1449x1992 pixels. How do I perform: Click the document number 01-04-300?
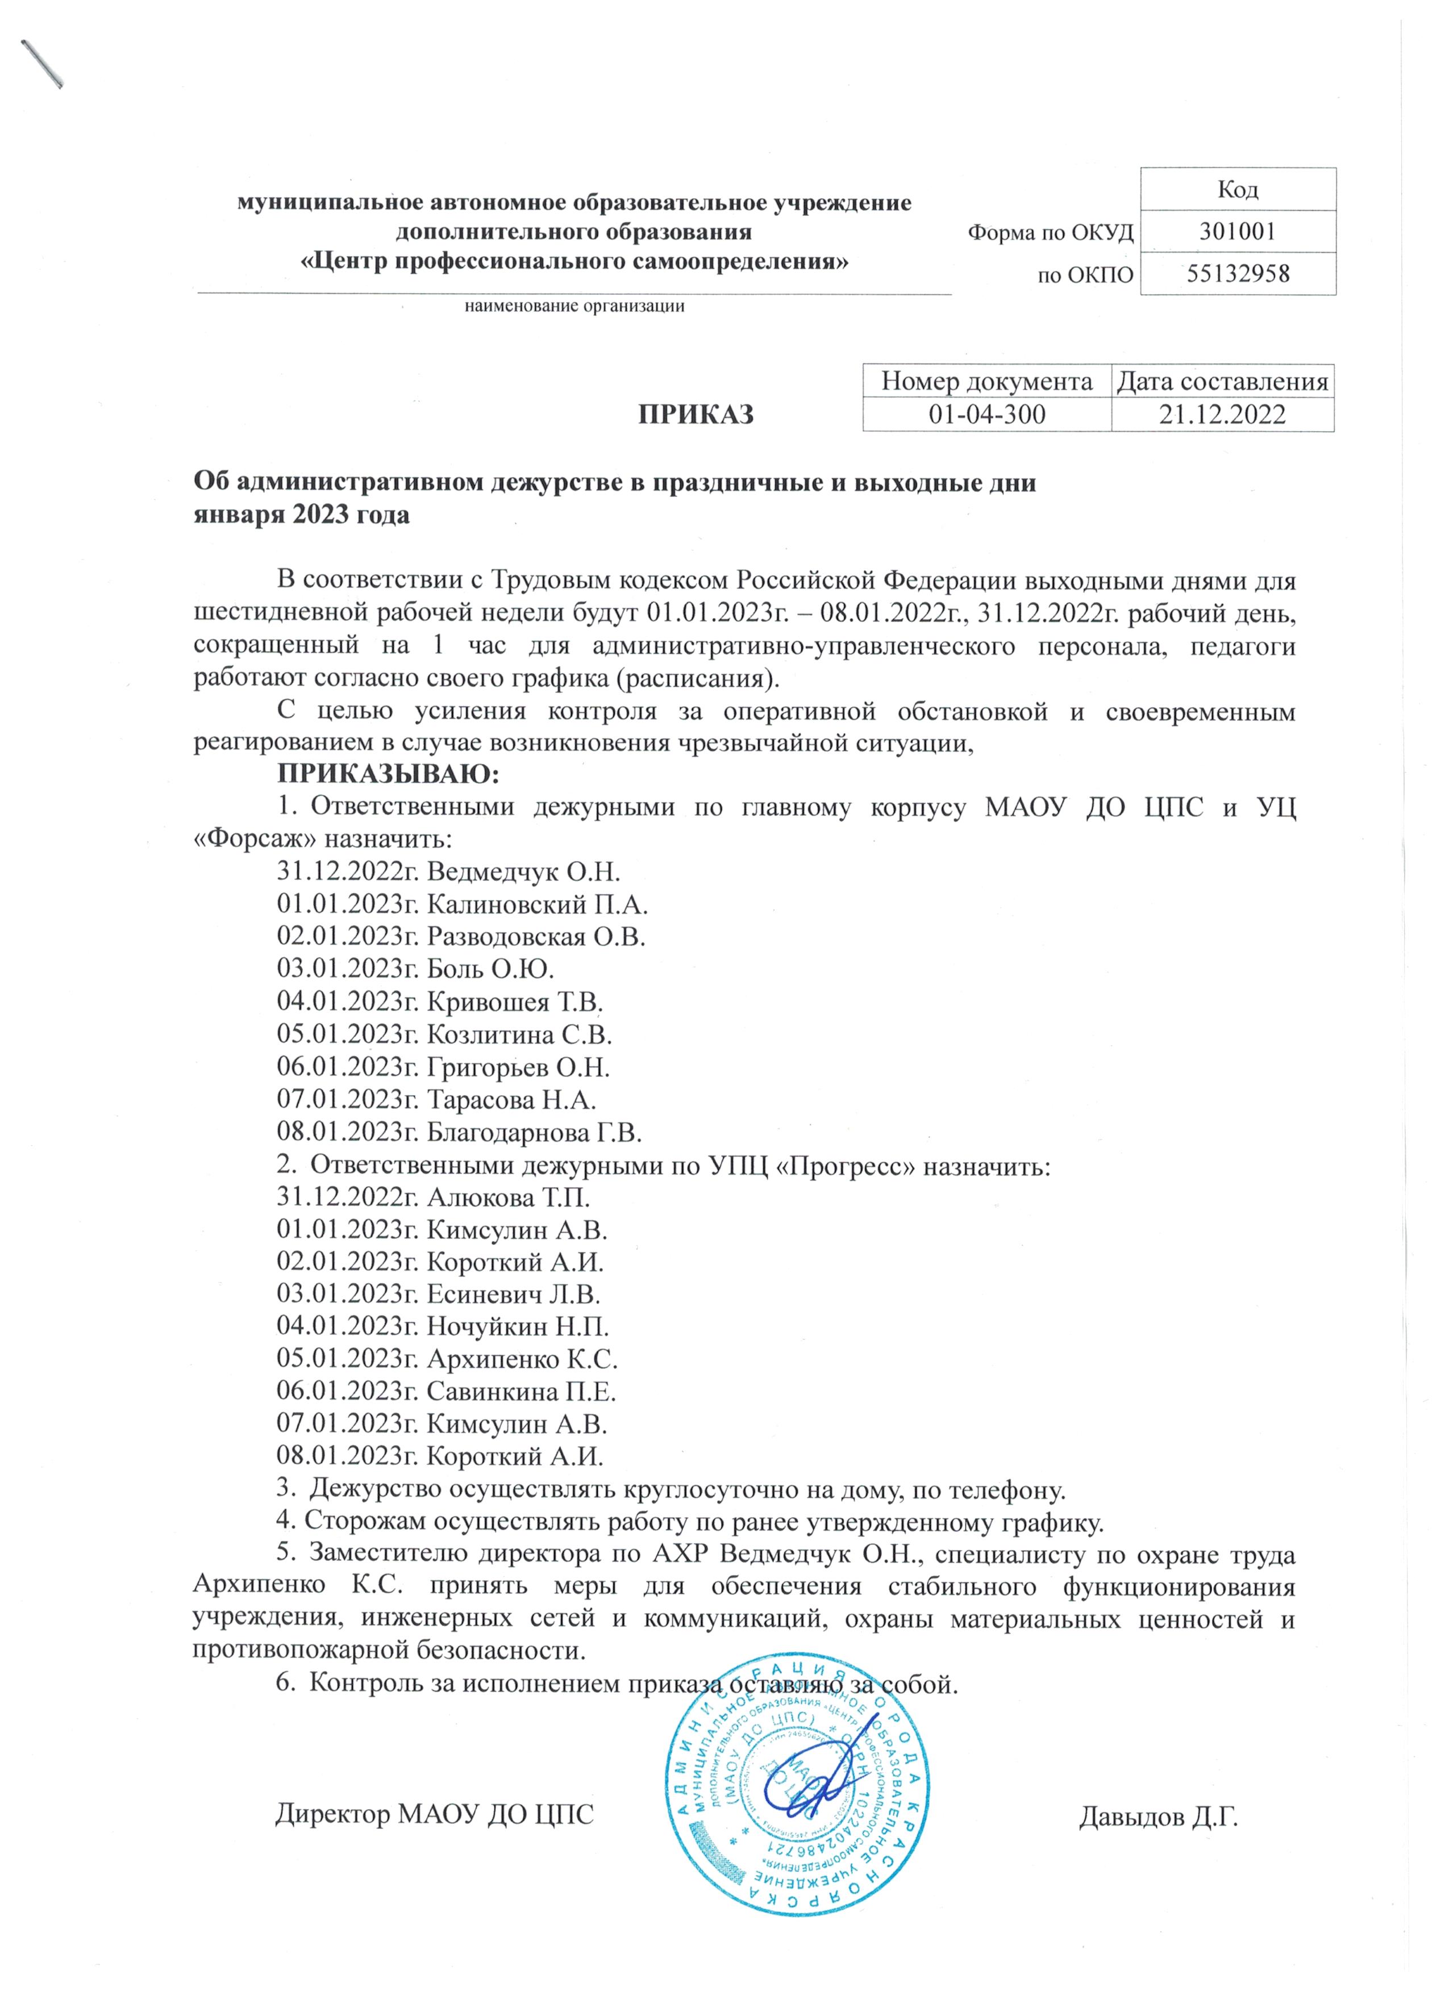click(x=987, y=415)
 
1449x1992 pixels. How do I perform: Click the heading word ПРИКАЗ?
click(x=695, y=415)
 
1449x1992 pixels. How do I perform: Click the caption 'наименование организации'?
click(x=574, y=307)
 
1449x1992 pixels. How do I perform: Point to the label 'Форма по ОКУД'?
click(x=1050, y=233)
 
